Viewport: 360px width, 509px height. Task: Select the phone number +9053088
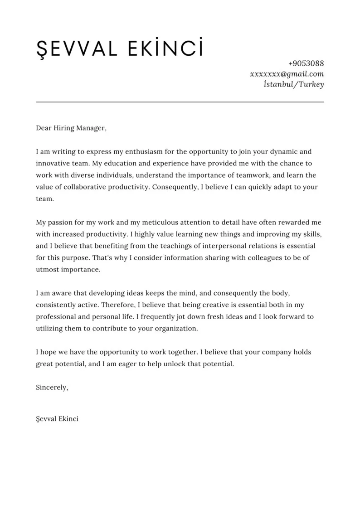tap(306, 63)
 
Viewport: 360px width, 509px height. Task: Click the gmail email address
tap(287, 74)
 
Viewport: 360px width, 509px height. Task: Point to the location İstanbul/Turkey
tap(293, 84)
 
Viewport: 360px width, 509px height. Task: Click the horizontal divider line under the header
tap(180, 102)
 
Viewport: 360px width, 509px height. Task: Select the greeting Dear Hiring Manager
tap(71, 128)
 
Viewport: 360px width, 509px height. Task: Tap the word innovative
tap(54, 163)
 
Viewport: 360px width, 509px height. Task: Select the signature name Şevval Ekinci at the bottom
tap(57, 419)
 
